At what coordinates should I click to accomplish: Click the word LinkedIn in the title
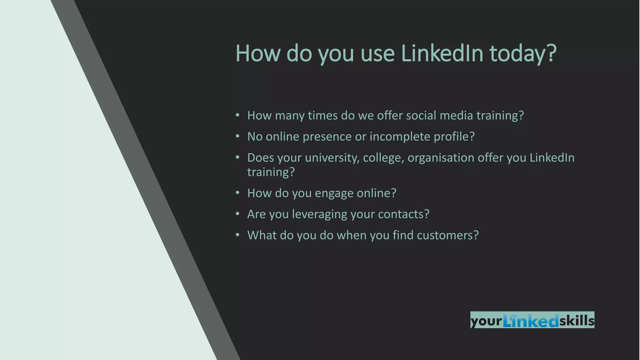coord(442,53)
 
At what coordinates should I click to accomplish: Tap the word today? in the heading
coord(523,54)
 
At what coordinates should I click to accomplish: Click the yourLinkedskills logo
coord(532,320)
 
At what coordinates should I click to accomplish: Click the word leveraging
coord(319,214)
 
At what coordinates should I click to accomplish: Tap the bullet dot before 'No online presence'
coord(237,136)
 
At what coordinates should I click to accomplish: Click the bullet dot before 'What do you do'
coord(237,235)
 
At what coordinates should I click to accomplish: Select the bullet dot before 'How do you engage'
coord(237,193)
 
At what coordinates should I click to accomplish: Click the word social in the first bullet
coord(421,116)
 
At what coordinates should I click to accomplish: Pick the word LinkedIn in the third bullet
coord(552,158)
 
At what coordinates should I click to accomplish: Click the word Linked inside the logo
coord(531,321)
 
